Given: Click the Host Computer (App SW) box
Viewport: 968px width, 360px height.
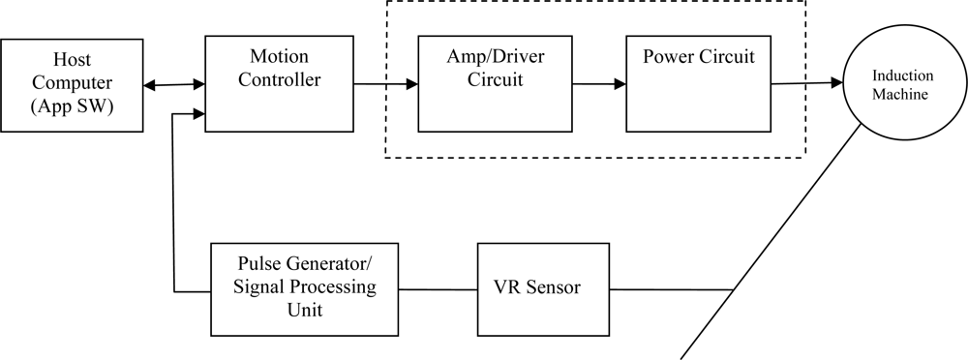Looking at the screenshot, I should pyautogui.click(x=72, y=85).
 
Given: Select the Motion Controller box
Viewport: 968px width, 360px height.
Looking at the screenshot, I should pyautogui.click(x=279, y=84).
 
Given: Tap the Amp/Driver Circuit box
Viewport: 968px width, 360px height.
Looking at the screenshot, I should pyautogui.click(x=494, y=84).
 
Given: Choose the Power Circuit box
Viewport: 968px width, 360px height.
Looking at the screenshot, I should pyautogui.click(x=698, y=84).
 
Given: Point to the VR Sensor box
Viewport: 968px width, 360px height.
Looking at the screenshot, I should pyautogui.click(x=543, y=287).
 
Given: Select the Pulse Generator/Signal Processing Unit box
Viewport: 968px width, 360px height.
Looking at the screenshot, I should pyautogui.click(x=306, y=287).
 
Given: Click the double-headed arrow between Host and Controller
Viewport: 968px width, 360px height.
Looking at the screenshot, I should pyautogui.click(x=174, y=85).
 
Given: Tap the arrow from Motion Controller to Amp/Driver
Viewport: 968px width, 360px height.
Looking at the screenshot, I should pyautogui.click(x=384, y=85).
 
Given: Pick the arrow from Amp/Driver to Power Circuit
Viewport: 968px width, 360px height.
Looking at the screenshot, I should pyautogui.click(x=598, y=85).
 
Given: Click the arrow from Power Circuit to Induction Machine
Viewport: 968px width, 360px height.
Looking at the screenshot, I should pyautogui.click(x=806, y=84).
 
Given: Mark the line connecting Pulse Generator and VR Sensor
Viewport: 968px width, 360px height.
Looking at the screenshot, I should pyautogui.click(x=439, y=288).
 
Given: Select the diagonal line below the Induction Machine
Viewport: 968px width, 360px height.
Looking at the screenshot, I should pyautogui.click(x=774, y=242).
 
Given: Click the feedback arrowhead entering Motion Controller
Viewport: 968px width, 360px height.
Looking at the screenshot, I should pyautogui.click(x=198, y=114).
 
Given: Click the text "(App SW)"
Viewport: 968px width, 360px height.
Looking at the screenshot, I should pyautogui.click(x=72, y=105).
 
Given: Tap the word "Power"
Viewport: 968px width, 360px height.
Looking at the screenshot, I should pyautogui.click(x=668, y=57).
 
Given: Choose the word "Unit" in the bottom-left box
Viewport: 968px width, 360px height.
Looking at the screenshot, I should pyautogui.click(x=305, y=310).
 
